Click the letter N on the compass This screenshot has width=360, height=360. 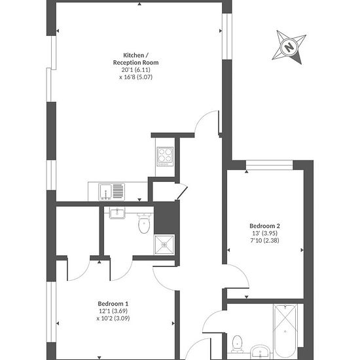click(289, 47)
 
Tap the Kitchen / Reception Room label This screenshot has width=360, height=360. click(135, 59)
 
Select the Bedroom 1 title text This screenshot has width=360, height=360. click(113, 304)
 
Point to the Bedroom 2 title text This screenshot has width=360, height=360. click(264, 226)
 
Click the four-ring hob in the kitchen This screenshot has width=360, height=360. click(165, 156)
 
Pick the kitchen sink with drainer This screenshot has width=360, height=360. click(112, 192)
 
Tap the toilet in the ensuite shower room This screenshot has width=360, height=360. click(144, 223)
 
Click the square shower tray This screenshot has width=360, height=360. click(164, 245)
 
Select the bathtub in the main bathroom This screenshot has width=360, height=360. click(285, 332)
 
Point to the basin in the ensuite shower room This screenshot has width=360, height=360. click(117, 213)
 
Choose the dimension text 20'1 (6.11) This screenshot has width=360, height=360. click(136, 69)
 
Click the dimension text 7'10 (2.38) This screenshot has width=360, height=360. click(264, 240)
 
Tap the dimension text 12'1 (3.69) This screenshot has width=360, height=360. click(113, 311)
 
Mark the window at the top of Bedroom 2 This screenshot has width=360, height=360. click(270, 165)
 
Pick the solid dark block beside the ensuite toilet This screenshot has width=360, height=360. click(166, 218)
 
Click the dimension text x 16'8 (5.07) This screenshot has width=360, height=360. click(136, 77)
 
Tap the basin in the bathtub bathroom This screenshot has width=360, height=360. click(261, 351)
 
